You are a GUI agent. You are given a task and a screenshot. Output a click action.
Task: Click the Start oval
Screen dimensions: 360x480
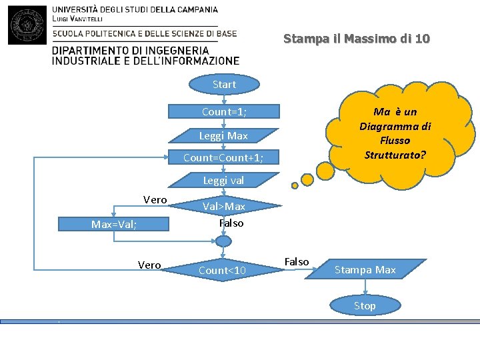(224, 85)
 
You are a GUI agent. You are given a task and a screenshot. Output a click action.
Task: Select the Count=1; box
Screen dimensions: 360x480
(224, 112)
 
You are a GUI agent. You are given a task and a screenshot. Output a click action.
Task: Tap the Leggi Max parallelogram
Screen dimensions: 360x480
(223, 136)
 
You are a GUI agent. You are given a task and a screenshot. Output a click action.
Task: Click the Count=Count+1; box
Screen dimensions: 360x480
(223, 158)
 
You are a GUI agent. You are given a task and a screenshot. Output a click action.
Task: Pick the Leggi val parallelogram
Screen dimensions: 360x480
(223, 181)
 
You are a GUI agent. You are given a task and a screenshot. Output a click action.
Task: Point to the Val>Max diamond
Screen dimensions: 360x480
(224, 207)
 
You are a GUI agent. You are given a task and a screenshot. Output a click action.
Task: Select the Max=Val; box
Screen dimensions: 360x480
(114, 225)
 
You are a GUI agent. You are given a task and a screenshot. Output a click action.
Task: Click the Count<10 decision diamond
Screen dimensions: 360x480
(223, 270)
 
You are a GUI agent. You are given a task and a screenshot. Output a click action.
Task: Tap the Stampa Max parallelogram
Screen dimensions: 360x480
(365, 270)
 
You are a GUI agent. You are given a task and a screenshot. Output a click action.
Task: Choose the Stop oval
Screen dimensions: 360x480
(365, 306)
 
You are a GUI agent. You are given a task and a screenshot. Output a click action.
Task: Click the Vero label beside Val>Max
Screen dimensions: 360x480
(155, 200)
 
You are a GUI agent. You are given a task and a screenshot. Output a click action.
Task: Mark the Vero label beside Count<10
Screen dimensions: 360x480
(149, 265)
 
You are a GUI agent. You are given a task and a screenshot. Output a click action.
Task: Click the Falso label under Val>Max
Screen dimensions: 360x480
(231, 223)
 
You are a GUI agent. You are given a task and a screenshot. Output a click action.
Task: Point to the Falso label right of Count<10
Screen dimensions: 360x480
(297, 262)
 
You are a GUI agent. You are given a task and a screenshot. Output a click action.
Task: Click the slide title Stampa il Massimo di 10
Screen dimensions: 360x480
(357, 39)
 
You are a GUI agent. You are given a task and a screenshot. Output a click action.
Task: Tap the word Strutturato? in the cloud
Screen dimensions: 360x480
(395, 155)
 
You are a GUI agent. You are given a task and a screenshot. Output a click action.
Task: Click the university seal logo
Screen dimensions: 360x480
(27, 25)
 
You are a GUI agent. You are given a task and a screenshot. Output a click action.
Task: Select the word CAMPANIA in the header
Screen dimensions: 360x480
(193, 10)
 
